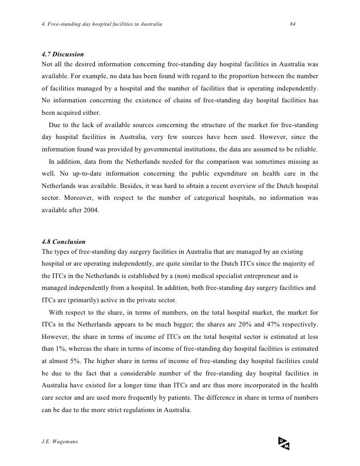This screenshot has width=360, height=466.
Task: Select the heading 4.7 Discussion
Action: pos(63,53)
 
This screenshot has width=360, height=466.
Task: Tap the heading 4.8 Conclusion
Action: pos(64,242)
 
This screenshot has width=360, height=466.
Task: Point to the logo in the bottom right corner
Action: pos(283,444)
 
